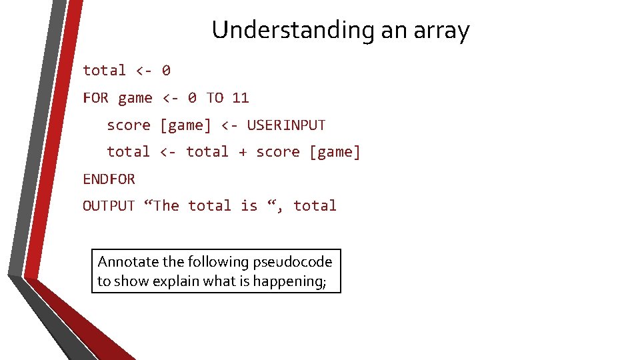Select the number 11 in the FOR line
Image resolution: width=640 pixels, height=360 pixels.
(x=240, y=98)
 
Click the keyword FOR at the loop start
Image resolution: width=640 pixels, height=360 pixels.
(x=95, y=98)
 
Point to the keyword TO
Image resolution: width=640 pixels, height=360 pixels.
(x=215, y=98)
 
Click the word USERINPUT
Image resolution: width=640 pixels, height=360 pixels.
(x=286, y=125)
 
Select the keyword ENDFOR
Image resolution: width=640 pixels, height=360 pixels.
(x=109, y=179)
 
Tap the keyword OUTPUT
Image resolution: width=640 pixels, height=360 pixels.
(x=109, y=206)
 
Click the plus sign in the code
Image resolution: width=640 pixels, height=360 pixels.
(x=243, y=152)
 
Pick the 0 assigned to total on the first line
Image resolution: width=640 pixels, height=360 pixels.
(x=166, y=71)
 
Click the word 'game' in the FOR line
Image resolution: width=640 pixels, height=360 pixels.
(x=135, y=98)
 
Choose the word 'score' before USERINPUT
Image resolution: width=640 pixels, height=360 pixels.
(x=129, y=125)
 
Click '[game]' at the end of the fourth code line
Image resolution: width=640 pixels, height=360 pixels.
(x=335, y=152)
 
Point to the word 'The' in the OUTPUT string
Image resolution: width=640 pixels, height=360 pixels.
(x=165, y=206)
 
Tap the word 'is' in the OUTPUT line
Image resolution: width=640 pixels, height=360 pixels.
(x=249, y=206)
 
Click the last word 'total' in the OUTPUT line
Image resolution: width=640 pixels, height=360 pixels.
(x=315, y=206)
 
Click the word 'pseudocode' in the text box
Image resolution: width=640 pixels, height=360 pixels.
(x=301, y=262)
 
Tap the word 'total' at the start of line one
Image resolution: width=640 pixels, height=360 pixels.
(x=104, y=71)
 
